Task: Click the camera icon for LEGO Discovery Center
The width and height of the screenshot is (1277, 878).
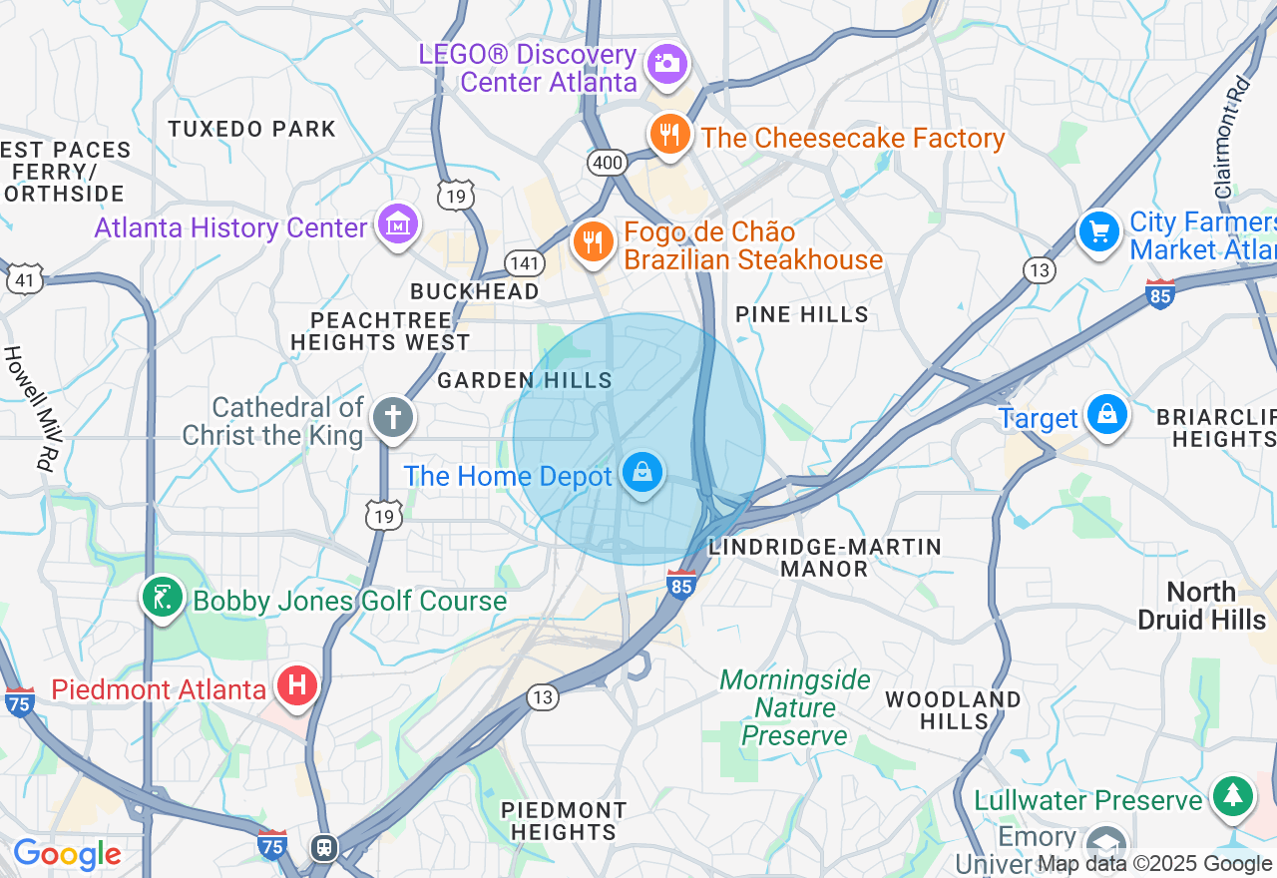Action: pyautogui.click(x=667, y=64)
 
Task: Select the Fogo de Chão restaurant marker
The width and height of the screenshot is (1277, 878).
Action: pyautogui.click(x=593, y=241)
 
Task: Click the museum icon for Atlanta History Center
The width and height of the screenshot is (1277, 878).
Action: pyautogui.click(x=398, y=224)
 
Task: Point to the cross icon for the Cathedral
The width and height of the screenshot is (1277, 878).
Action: pyautogui.click(x=392, y=418)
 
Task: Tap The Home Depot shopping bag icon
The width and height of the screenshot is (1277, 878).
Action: pyautogui.click(x=643, y=473)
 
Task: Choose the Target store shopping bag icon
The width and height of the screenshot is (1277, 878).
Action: pyautogui.click(x=1106, y=414)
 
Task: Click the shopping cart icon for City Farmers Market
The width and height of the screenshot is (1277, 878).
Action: pyautogui.click(x=1099, y=232)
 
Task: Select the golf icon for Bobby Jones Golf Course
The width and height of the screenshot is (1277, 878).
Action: pyautogui.click(x=162, y=598)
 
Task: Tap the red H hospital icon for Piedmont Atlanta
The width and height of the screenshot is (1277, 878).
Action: pyautogui.click(x=296, y=686)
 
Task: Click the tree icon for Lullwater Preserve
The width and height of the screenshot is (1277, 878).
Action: pyautogui.click(x=1233, y=795)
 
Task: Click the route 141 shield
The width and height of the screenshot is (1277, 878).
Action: pyautogui.click(x=524, y=263)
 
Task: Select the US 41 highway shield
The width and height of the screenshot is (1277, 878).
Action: pyautogui.click(x=25, y=279)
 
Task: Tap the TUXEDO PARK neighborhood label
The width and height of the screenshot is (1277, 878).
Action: pyautogui.click(x=252, y=129)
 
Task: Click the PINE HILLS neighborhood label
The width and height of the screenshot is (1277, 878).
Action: pyautogui.click(x=802, y=314)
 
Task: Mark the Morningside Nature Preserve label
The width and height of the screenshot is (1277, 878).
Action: pyautogui.click(x=795, y=708)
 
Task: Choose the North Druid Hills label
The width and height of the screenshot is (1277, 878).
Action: pyautogui.click(x=1201, y=606)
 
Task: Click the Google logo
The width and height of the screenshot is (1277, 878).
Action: pyautogui.click(x=67, y=854)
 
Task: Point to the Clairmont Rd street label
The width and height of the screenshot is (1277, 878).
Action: pyautogui.click(x=1232, y=138)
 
